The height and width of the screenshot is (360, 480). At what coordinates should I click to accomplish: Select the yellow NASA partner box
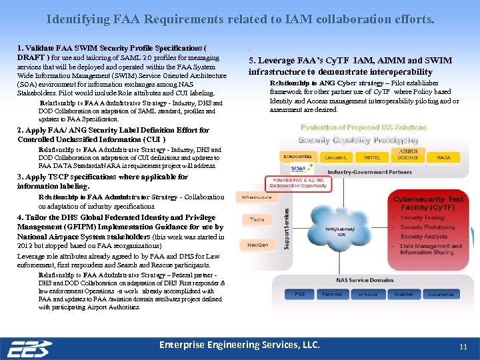[x=443, y=158]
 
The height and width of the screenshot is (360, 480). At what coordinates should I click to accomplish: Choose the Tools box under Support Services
[x=257, y=219]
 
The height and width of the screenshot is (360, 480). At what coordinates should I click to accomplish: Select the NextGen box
[x=257, y=245]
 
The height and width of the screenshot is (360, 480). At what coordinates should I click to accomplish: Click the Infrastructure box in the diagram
[x=257, y=197]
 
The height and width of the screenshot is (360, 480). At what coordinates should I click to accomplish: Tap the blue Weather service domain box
[x=403, y=293]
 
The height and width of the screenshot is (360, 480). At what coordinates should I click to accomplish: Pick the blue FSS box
[x=299, y=293]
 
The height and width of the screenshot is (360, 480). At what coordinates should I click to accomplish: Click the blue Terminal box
[x=333, y=293]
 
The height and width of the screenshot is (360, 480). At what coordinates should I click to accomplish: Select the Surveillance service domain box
[x=441, y=293]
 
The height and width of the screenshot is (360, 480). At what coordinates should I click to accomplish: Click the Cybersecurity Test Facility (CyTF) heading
[x=427, y=203]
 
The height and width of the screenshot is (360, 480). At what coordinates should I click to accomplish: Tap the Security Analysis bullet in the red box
[x=423, y=237]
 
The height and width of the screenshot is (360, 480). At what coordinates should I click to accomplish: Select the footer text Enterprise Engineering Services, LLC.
[x=239, y=345]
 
